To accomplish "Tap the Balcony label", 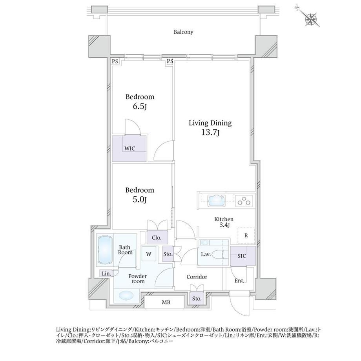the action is click(183, 32).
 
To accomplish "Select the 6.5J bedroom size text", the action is click(140, 106).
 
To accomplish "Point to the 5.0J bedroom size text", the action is click(140, 199).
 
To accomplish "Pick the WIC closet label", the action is click(129, 148).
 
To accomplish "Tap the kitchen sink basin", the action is click(217, 201).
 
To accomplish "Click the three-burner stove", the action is click(244, 201).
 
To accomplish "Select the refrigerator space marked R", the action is click(246, 235).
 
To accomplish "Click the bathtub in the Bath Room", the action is click(105, 250).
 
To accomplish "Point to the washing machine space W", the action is click(149, 254).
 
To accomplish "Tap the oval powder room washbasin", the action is click(126, 295).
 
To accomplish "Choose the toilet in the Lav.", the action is click(217, 254).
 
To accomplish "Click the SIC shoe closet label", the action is click(242, 256).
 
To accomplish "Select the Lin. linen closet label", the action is click(106, 273).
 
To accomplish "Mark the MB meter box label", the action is click(166, 302).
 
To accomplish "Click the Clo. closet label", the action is click(157, 238).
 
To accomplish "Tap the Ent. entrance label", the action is click(239, 281).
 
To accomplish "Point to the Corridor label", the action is click(197, 277).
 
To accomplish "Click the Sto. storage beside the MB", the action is click(197, 299).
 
